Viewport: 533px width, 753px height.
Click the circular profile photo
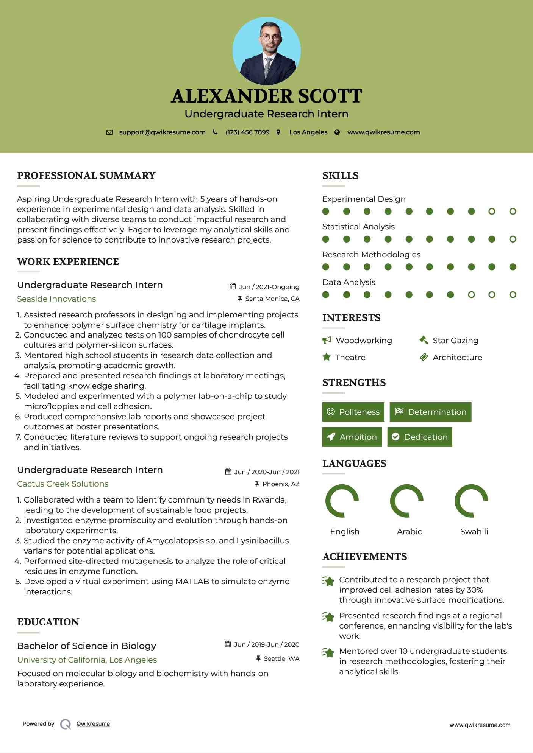point(266,51)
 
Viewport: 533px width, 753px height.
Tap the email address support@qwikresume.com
point(162,132)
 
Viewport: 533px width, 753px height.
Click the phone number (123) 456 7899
point(247,132)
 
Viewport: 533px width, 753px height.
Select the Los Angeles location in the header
point(308,132)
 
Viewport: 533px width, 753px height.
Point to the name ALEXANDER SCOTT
point(266,96)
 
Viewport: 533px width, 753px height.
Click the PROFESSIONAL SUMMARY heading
point(86,176)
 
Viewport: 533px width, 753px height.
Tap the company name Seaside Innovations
point(56,299)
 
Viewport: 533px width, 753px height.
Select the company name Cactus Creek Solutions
point(63,484)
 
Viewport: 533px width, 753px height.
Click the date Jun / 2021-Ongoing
point(269,287)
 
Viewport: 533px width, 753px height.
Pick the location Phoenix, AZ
point(281,484)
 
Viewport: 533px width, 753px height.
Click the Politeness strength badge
point(353,412)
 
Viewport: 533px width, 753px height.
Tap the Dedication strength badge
point(420,437)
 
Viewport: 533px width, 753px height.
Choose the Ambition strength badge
point(352,437)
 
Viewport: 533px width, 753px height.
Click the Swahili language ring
point(471,501)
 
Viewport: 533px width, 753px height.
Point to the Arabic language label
point(409,532)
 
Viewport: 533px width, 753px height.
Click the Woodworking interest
point(364,341)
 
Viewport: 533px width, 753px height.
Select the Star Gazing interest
point(455,341)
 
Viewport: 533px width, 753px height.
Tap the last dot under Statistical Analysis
point(513,239)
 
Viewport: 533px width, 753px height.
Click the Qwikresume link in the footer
point(93,724)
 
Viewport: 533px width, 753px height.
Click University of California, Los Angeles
point(87,660)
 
